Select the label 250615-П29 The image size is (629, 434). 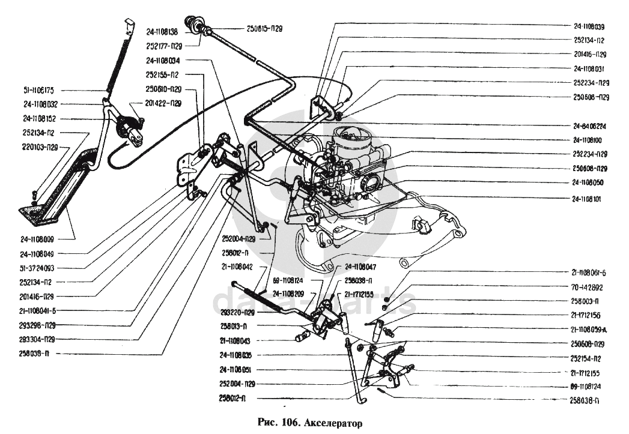[265, 28]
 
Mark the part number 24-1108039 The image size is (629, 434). [589, 26]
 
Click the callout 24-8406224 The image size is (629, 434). [589, 126]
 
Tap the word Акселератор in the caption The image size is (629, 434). [335, 423]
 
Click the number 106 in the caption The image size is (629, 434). [291, 423]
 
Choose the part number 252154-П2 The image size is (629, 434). [589, 358]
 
